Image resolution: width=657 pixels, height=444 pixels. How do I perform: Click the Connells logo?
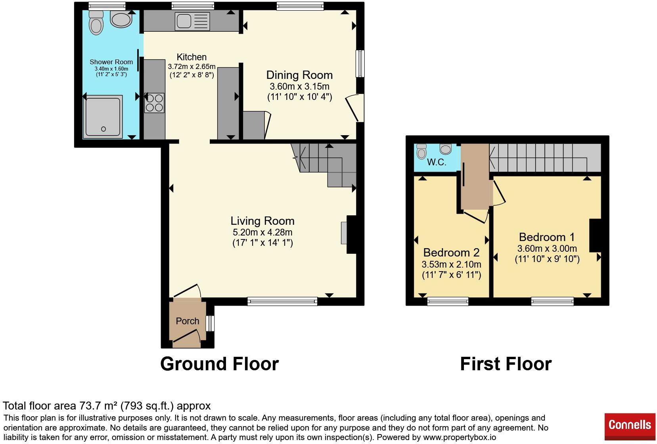(x=630, y=427)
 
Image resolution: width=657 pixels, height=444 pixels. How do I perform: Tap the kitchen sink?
(x=192, y=21)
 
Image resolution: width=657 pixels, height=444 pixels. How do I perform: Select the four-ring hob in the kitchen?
(x=154, y=103)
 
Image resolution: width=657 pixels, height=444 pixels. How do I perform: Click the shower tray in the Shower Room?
(x=103, y=117)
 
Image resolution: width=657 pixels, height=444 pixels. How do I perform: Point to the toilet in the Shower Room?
(x=96, y=23)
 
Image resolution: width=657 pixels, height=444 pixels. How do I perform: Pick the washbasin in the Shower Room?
(x=121, y=19)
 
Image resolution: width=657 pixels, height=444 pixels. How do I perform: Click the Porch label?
(x=188, y=321)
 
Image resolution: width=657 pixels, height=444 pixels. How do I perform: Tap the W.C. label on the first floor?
(x=437, y=162)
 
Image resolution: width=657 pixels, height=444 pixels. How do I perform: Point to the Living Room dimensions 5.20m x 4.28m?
(x=262, y=232)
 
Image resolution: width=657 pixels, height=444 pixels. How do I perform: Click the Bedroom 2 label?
(x=451, y=253)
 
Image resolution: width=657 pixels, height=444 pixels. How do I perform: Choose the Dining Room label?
(x=299, y=75)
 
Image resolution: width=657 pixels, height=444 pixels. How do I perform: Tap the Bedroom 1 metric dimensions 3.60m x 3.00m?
(x=547, y=249)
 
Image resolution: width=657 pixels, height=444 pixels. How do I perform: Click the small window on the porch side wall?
(x=210, y=323)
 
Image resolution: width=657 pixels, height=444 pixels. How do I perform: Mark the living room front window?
(x=282, y=301)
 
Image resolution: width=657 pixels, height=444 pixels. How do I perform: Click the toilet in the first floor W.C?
(x=421, y=151)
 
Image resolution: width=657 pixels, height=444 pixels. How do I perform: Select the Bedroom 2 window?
(x=448, y=301)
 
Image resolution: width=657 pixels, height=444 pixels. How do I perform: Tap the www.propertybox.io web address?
(x=460, y=437)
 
